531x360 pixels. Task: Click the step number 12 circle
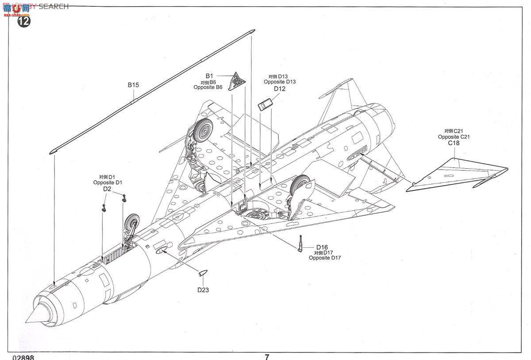[x=24, y=21]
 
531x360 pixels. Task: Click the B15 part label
[x=133, y=85]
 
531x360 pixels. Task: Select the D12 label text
[x=279, y=89]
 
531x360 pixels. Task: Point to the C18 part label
[x=454, y=143]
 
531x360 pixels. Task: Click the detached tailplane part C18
[x=456, y=175]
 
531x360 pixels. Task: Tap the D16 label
[x=322, y=247]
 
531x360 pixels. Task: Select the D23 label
[x=203, y=290]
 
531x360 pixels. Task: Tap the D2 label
[x=107, y=189]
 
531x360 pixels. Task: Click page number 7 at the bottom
[x=267, y=356]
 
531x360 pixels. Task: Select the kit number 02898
[x=23, y=357]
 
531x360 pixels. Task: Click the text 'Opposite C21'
[x=454, y=137]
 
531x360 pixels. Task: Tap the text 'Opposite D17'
[x=325, y=258]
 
